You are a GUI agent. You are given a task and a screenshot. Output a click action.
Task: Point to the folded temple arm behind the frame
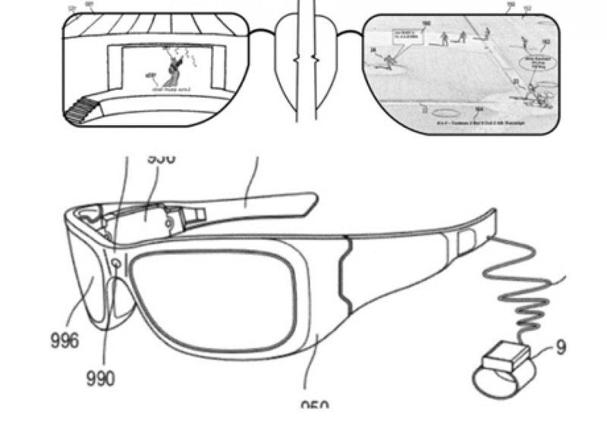coord(250,200)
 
